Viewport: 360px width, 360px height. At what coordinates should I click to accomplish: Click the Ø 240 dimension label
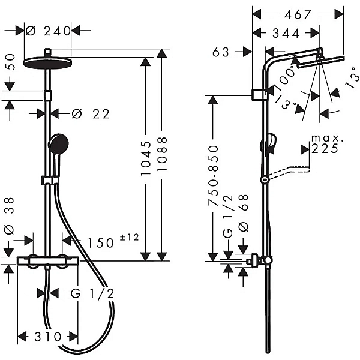(x=48, y=31)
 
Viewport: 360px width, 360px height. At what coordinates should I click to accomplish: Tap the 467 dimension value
(x=298, y=14)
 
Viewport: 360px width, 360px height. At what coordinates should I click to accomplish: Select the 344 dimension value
(x=286, y=34)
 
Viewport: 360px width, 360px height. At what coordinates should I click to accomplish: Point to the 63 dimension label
(x=221, y=52)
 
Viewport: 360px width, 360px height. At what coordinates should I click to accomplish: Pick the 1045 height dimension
(x=146, y=158)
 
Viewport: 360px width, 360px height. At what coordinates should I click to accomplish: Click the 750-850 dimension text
(x=213, y=176)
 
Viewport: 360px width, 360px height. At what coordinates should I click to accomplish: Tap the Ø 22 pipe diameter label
(x=91, y=114)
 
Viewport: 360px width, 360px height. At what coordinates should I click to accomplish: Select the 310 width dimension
(x=48, y=337)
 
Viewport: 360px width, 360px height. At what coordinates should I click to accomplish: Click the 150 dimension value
(x=101, y=243)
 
